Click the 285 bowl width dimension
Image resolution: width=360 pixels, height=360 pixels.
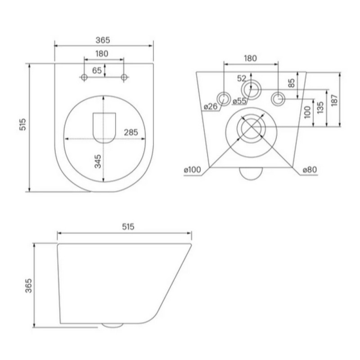pyautogui.click(x=131, y=132)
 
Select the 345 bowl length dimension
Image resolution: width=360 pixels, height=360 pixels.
pyautogui.click(x=98, y=162)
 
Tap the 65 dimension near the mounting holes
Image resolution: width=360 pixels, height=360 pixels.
pyautogui.click(x=97, y=71)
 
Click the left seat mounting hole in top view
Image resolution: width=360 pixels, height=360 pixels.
pyautogui.click(x=84, y=77)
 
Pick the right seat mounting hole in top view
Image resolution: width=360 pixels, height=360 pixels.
pyautogui.click(x=124, y=77)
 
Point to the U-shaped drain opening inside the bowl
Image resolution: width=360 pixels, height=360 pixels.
pyautogui.click(x=104, y=128)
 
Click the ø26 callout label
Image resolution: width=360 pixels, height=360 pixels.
pyautogui.click(x=211, y=106)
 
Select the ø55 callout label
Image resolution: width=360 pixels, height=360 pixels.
pyautogui.click(x=239, y=101)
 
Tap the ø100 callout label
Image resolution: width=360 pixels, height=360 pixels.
pyautogui.click(x=193, y=170)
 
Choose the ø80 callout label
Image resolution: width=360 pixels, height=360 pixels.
pyautogui.click(x=310, y=170)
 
